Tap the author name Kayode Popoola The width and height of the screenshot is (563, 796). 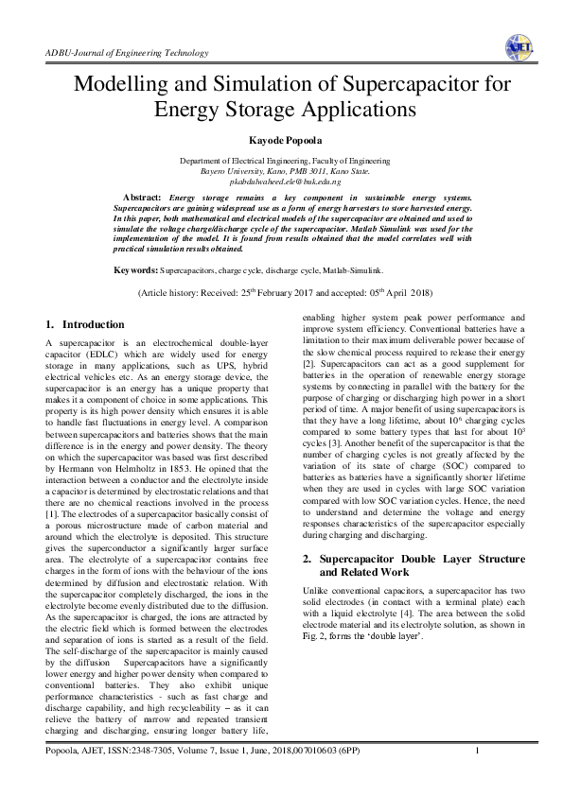coord(281,141)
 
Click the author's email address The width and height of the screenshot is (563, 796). coord(282,180)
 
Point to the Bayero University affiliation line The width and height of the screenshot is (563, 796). coord(282,170)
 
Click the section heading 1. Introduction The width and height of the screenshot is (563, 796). coord(86,323)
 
